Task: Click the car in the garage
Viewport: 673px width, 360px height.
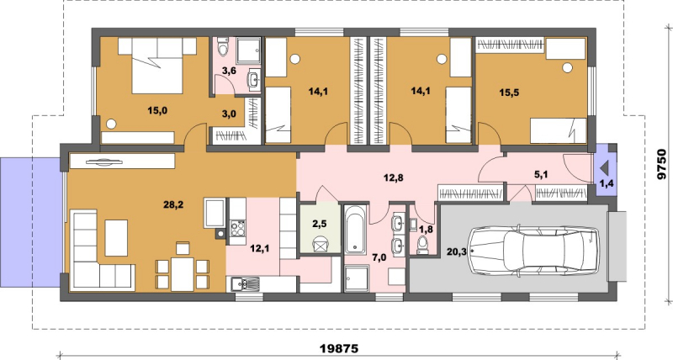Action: (535, 251)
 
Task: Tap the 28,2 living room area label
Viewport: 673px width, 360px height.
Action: (173, 204)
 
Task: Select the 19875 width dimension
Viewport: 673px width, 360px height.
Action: (339, 348)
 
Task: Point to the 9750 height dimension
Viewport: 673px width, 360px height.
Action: (663, 164)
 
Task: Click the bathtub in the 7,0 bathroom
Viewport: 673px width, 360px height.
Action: (355, 230)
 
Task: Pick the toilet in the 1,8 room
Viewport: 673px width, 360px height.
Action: (423, 245)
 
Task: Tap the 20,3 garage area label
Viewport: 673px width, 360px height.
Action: (456, 251)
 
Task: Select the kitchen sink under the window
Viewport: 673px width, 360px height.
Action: (244, 283)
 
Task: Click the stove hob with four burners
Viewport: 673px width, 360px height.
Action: (237, 228)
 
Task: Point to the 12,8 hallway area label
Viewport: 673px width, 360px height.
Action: (393, 177)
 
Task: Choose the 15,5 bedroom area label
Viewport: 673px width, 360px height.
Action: (509, 93)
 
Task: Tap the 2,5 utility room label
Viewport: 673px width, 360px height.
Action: (320, 223)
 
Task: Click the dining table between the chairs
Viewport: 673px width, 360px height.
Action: (183, 273)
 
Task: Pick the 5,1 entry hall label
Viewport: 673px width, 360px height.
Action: (541, 175)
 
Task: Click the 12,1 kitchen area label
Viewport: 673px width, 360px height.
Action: (259, 248)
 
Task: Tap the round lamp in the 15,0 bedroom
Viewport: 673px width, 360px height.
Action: (111, 124)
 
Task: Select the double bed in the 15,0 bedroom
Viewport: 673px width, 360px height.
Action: (157, 66)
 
